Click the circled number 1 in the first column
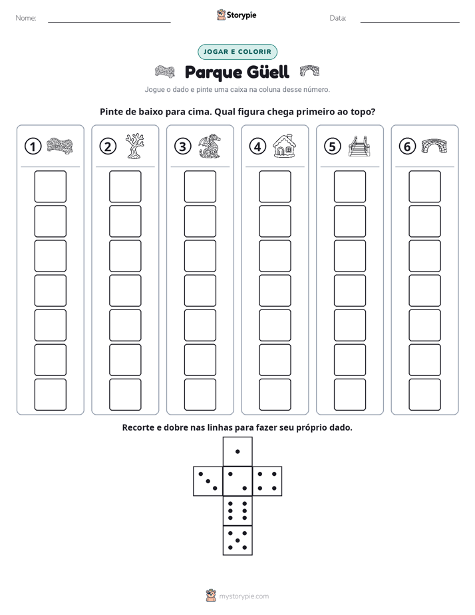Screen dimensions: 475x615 click(x=33, y=146)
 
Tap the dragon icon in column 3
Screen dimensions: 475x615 click(x=210, y=146)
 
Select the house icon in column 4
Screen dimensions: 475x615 click(x=285, y=146)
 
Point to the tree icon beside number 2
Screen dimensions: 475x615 click(x=135, y=146)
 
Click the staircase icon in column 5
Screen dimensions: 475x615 click(x=359, y=146)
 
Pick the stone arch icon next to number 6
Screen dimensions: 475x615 click(x=434, y=146)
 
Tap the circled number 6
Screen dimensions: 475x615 click(x=408, y=146)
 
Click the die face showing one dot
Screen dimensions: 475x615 click(x=237, y=451)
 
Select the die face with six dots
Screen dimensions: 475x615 click(x=237, y=511)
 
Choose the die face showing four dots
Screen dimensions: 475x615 click(x=267, y=481)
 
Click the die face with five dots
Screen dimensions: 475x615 click(x=237, y=540)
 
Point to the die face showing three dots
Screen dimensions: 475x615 click(x=208, y=481)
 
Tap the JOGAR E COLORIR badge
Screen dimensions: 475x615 click(x=237, y=52)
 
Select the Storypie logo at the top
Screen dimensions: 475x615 click(x=237, y=15)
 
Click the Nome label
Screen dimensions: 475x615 click(x=26, y=18)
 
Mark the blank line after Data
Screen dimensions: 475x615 click(x=410, y=22)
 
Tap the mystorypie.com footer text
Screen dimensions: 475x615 click(x=243, y=596)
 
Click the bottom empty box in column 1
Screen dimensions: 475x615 click(x=51, y=395)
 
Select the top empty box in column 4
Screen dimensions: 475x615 click(x=275, y=186)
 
